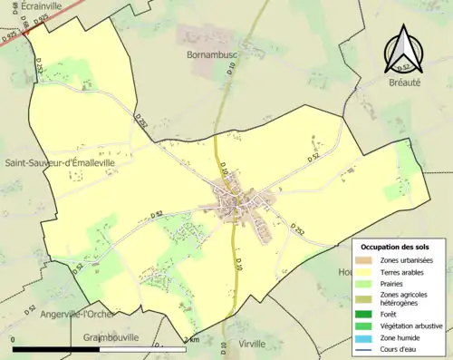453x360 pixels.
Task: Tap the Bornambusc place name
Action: pos(212,55)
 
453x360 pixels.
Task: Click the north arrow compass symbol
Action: pos(404,51)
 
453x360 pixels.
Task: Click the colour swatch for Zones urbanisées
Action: pos(367,260)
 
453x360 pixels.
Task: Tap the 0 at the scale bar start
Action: pos(14,340)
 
